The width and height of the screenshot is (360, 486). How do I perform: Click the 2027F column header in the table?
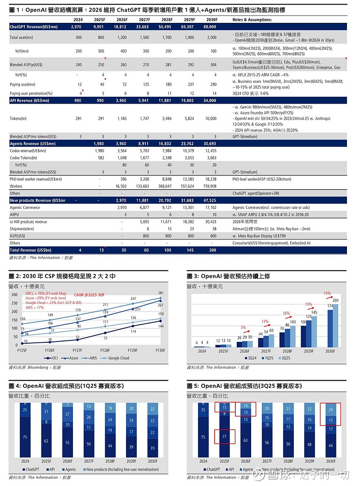coord(144,20)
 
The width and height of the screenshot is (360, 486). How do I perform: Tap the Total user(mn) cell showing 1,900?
coord(189,38)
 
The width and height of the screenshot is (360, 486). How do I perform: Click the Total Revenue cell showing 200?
coord(211,250)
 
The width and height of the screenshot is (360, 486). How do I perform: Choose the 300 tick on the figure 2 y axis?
coord(14,295)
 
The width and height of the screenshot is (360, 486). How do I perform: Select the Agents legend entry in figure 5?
coord(246,469)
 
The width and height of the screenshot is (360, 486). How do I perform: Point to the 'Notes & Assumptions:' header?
coord(252,20)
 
